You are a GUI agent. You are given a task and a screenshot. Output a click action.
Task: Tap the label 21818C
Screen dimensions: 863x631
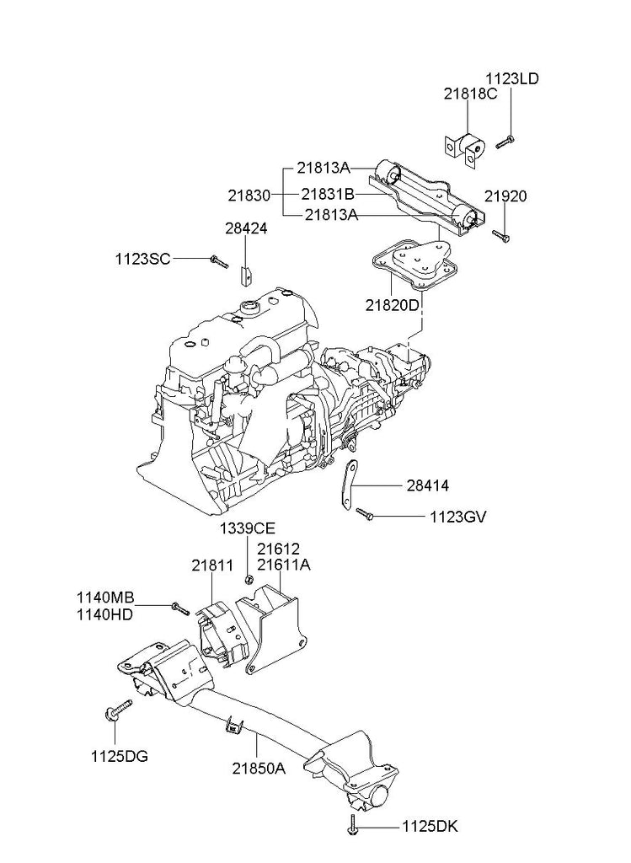[x=470, y=94]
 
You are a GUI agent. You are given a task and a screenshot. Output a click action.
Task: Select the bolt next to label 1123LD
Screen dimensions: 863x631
[x=505, y=142]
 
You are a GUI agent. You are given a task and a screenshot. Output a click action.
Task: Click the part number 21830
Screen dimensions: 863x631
[x=249, y=195]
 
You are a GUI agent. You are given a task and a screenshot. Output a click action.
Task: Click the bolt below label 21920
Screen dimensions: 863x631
[x=500, y=236]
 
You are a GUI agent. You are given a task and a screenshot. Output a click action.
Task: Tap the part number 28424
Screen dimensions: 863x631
[x=245, y=227]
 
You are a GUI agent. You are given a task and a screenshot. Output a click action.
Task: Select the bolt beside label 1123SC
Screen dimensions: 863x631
[x=219, y=262]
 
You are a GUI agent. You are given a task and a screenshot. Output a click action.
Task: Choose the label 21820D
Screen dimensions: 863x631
[x=392, y=303]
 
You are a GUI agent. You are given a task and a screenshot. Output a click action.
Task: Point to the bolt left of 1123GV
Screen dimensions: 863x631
[x=365, y=512]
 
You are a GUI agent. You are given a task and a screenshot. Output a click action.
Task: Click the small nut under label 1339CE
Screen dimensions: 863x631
[x=248, y=578]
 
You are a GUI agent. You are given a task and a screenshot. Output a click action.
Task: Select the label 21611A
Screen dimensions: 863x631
[x=284, y=565]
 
